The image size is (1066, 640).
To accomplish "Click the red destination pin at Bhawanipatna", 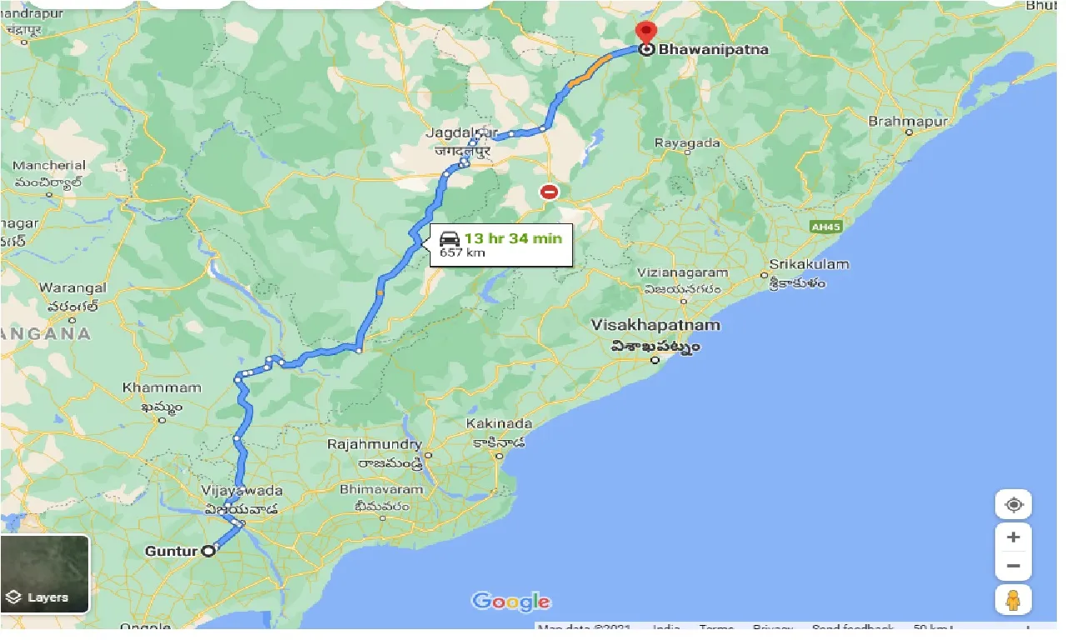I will click(x=645, y=33).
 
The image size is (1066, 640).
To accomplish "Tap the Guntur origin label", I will click(x=171, y=551).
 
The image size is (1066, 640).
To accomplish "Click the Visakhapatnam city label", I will click(x=655, y=325).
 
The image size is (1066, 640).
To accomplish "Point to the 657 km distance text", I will click(x=462, y=252).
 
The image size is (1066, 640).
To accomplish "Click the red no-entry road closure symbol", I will click(x=549, y=192).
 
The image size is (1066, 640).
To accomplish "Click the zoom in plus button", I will click(x=1013, y=537).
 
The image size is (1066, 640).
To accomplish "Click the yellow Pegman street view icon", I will click(x=1013, y=600).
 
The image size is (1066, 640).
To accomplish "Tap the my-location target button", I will click(x=1013, y=505).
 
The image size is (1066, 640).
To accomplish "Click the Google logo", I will click(x=511, y=602).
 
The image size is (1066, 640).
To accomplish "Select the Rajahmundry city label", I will click(x=375, y=445).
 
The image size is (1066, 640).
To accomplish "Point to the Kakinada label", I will click(x=499, y=424).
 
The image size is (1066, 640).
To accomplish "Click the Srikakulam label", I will click(x=809, y=265).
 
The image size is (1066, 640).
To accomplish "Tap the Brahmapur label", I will click(x=908, y=122).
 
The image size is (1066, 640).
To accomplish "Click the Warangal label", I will click(x=73, y=288).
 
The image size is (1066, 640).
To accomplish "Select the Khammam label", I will click(x=162, y=387).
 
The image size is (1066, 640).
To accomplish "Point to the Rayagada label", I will click(x=687, y=143).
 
